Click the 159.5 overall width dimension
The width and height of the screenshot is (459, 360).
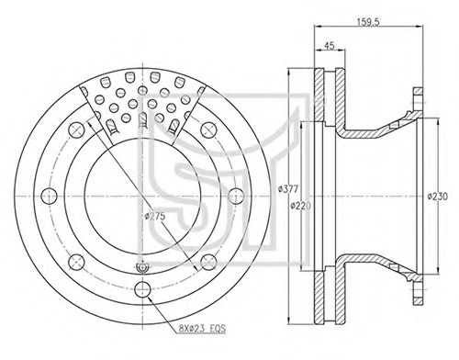click(368, 22)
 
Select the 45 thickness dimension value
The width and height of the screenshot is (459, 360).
click(330, 46)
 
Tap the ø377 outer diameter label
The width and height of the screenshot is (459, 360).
click(288, 189)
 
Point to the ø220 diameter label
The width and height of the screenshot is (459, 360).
click(300, 206)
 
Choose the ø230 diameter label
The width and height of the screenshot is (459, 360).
click(437, 197)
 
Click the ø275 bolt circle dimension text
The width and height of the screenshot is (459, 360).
click(155, 216)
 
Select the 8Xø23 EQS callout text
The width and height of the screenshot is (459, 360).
click(202, 329)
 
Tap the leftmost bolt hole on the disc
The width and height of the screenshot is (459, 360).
click(49, 196)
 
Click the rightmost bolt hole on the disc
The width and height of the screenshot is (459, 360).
click(236, 196)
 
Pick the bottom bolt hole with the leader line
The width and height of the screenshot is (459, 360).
click(142, 289)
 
